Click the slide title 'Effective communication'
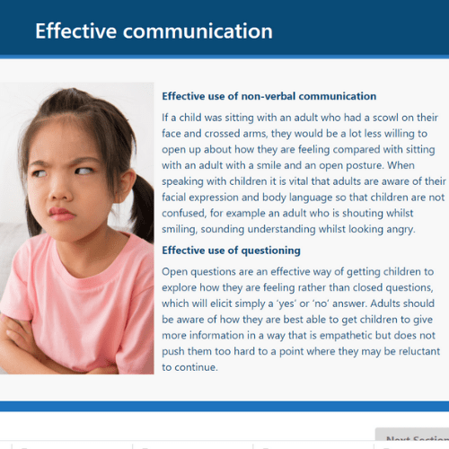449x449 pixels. pyautogui.click(x=154, y=31)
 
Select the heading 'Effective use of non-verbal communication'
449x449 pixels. pyautogui.click(x=269, y=96)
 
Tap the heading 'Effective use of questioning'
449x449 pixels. pyautogui.click(x=231, y=251)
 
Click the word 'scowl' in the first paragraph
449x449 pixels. pyautogui.click(x=385, y=118)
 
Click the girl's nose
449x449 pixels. pyautogui.click(x=60, y=189)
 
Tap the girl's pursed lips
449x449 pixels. pyautogui.click(x=61, y=214)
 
